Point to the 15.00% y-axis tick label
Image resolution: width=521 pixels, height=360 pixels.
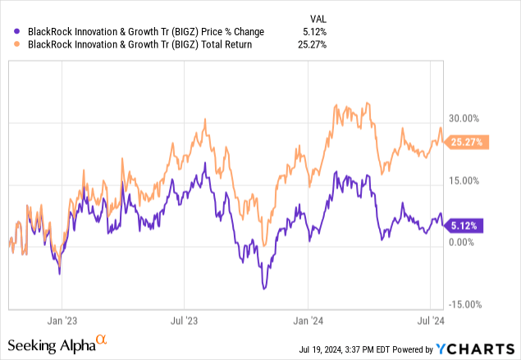(464, 180)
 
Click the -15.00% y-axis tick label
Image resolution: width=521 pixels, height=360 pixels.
(464, 303)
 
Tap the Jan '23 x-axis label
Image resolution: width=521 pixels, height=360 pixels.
(62, 322)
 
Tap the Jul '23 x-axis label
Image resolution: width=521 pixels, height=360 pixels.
(185, 322)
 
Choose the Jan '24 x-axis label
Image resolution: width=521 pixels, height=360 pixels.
(308, 322)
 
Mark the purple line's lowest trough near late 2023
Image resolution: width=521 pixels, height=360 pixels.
(263, 288)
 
